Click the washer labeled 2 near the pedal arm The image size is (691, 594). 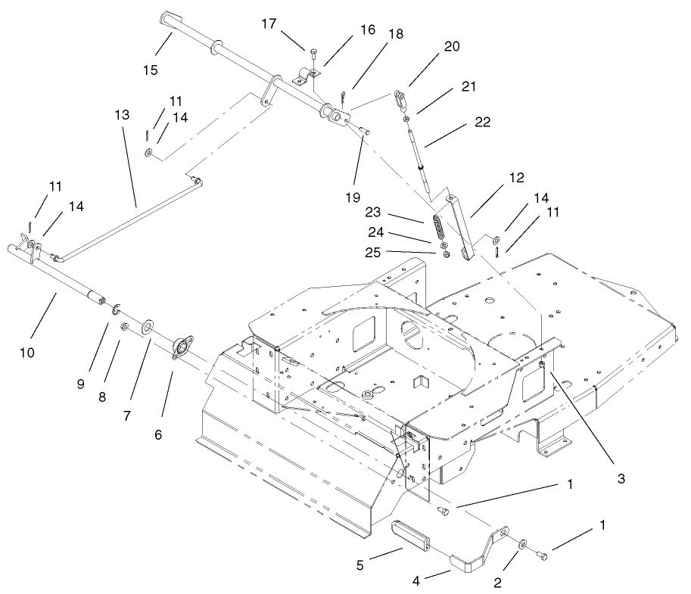pos(523,545)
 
